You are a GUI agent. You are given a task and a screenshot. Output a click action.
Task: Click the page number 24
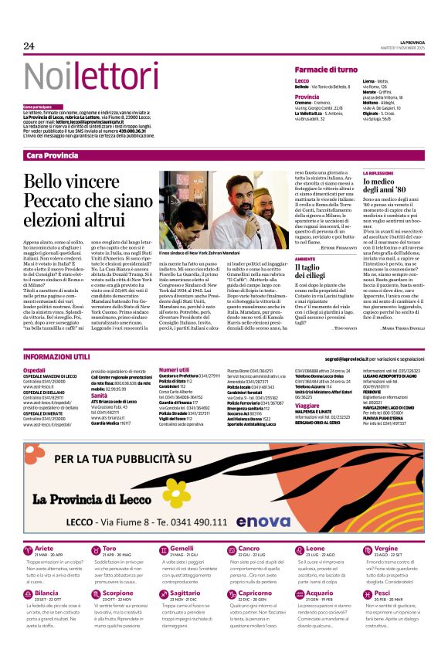[29, 46]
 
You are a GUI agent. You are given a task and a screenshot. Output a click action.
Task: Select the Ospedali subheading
[35, 370]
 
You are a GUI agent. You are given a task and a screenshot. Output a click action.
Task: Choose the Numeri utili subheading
[175, 370]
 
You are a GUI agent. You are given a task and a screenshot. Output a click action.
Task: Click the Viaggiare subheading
[307, 405]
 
